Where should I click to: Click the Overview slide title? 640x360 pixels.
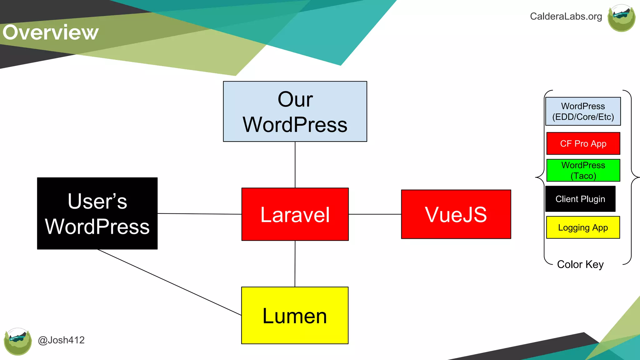pyautogui.click(x=51, y=32)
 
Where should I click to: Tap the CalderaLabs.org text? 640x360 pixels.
pyautogui.click(x=566, y=16)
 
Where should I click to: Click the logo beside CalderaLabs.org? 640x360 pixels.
pyautogui.click(x=621, y=18)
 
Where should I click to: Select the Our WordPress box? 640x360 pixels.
pyautogui.click(x=295, y=112)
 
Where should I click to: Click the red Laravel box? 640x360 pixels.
pyautogui.click(x=295, y=214)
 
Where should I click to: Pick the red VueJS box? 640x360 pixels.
pyautogui.click(x=456, y=214)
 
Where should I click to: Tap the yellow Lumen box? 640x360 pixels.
pyautogui.click(x=295, y=316)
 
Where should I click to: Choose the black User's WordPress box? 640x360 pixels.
pyautogui.click(x=97, y=213)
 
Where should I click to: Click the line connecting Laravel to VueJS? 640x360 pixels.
pyautogui.click(x=375, y=214)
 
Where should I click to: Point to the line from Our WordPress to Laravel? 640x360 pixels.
pyautogui.click(x=295, y=165)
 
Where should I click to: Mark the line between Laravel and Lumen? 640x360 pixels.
pyautogui.click(x=295, y=264)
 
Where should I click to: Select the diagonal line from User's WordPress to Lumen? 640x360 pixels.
pyautogui.click(x=169, y=282)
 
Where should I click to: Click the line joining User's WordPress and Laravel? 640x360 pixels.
pyautogui.click(x=199, y=214)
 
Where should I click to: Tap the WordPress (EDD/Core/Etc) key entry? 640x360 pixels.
pyautogui.click(x=583, y=111)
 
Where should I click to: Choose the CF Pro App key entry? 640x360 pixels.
pyautogui.click(x=583, y=143)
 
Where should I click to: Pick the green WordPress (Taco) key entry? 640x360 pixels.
pyautogui.click(x=583, y=170)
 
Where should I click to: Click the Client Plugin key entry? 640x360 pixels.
pyautogui.click(x=580, y=199)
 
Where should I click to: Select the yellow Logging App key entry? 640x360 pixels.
pyautogui.click(x=583, y=227)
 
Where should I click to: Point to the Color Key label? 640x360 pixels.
pyautogui.click(x=580, y=264)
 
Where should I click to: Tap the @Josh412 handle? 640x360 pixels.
pyautogui.click(x=61, y=340)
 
